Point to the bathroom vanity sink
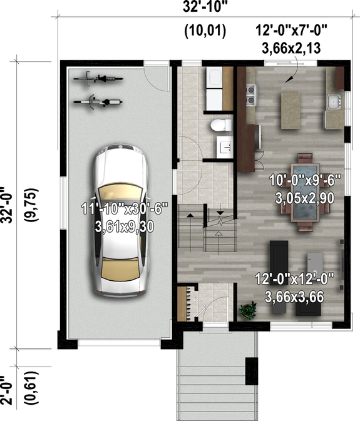[x=225, y=146]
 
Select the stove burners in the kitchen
[x=251, y=93]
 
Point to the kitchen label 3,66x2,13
[x=289, y=46]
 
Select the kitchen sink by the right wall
[x=334, y=100]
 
